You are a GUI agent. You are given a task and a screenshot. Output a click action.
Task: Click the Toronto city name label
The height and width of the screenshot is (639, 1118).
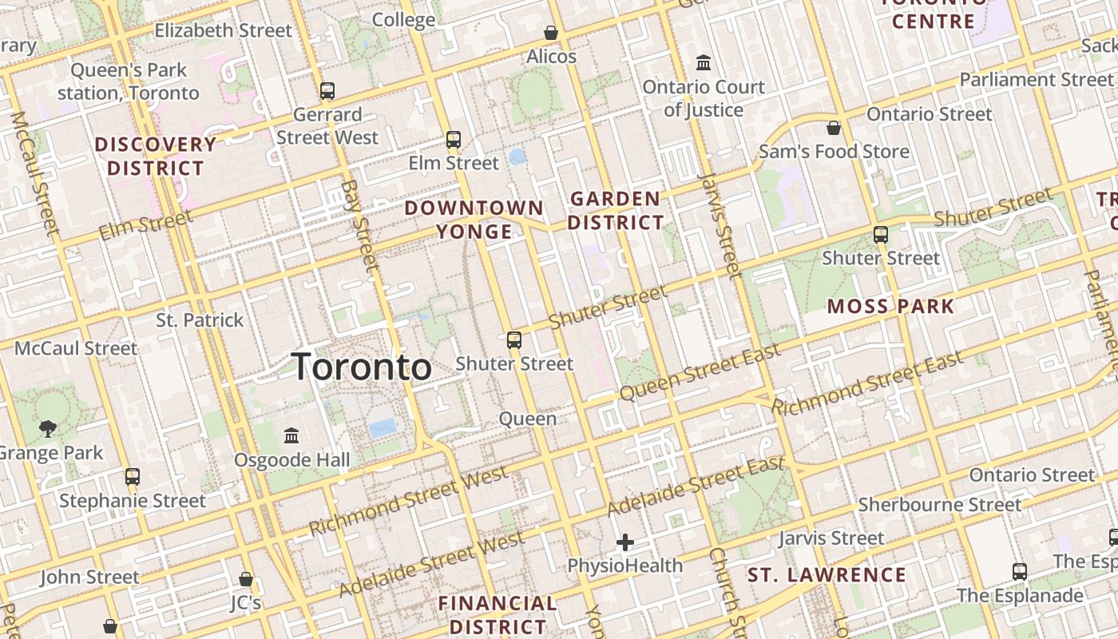(363, 367)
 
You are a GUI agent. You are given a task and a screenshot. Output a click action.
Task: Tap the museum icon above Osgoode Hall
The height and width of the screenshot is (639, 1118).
(291, 436)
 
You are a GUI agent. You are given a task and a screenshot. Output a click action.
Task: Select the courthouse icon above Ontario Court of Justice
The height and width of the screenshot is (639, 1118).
(704, 62)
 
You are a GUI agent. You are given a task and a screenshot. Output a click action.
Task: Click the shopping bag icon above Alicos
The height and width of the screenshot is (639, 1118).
(550, 33)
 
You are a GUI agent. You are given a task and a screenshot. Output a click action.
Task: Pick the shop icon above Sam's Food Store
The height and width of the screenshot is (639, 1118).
(834, 128)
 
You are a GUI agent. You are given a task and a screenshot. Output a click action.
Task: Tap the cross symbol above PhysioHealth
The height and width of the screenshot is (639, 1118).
(625, 543)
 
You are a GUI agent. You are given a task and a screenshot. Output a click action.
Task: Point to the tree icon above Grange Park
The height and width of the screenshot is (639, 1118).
(48, 429)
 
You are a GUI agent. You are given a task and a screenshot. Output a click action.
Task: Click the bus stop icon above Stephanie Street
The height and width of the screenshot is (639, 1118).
(133, 477)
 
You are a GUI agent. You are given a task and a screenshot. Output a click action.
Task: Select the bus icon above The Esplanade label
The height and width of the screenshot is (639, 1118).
(1020, 572)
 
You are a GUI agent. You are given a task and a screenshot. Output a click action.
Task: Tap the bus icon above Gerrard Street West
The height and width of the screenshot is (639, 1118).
(327, 91)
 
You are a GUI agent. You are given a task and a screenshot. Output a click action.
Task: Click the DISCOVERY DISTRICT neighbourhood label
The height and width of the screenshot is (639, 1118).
(156, 157)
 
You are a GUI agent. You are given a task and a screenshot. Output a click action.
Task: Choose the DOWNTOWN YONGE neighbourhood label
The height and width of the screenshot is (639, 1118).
(474, 220)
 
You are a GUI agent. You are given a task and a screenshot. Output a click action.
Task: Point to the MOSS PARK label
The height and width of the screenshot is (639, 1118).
(890, 306)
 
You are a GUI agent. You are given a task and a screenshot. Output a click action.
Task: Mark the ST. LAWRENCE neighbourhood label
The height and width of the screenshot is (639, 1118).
(827, 575)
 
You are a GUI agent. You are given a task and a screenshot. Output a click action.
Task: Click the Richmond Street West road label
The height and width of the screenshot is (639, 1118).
(409, 502)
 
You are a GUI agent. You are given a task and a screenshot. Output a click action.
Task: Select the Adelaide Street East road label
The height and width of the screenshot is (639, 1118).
(696, 486)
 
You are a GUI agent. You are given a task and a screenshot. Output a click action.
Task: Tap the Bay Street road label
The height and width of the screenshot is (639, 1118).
(359, 224)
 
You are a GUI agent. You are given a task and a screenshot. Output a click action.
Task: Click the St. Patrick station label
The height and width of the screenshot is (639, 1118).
(200, 320)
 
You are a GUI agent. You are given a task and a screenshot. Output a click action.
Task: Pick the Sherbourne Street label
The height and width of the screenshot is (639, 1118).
(939, 505)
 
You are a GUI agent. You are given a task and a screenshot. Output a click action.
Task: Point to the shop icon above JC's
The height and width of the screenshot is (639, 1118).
(246, 579)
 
